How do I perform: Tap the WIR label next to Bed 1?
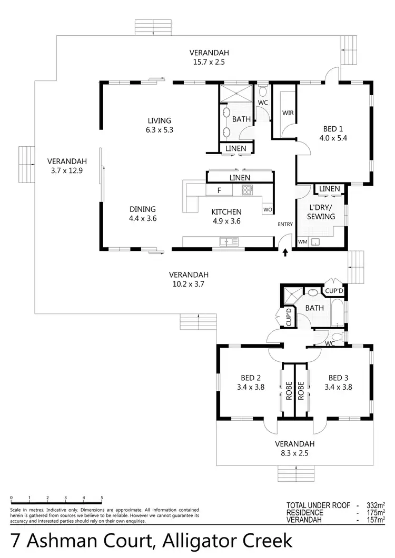tap(288, 113)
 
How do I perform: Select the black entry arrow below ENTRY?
tap(285, 253)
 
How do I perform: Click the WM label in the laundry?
tap(302, 242)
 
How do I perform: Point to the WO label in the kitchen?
tap(267, 210)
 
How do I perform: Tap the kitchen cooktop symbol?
tap(246, 190)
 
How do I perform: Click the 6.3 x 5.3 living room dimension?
tap(159, 129)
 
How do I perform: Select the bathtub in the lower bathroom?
tap(335, 314)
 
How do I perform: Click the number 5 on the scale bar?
tap(102, 497)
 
